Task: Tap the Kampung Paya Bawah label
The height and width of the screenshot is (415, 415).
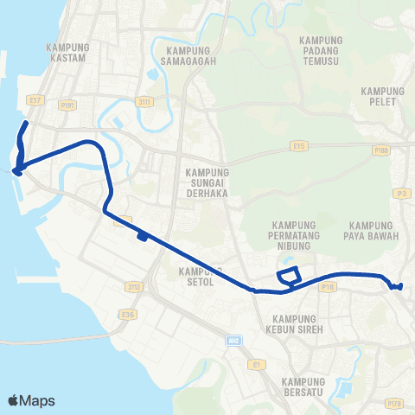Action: [374, 231]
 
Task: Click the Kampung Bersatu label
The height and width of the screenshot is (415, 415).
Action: [302, 387]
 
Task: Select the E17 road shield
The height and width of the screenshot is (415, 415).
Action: [35, 100]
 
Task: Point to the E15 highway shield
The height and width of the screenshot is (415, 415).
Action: [300, 146]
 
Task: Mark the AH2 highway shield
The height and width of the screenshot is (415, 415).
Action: [232, 341]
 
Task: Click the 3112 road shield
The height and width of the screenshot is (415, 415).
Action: [134, 285]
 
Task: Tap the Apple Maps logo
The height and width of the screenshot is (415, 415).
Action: [31, 401]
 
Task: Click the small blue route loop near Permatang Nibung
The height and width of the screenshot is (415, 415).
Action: [289, 276]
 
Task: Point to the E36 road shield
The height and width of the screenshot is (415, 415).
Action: [129, 315]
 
